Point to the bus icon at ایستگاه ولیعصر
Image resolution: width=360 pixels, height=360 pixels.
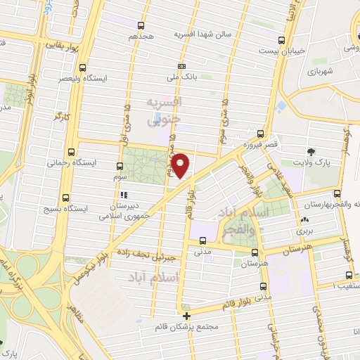click(84, 69)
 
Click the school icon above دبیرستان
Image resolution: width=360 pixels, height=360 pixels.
click(124, 195)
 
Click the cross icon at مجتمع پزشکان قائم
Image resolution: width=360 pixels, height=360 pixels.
click(186, 316)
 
